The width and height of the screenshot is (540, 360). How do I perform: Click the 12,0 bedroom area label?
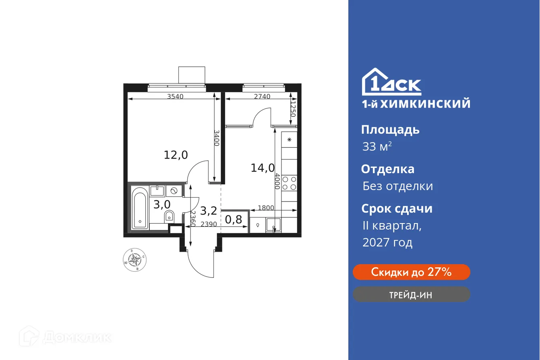click(x=176, y=155)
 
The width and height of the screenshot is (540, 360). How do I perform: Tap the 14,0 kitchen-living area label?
click(x=263, y=168)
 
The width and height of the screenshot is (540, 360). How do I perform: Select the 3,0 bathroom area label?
click(x=161, y=204)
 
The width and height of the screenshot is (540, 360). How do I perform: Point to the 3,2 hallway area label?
click(x=209, y=210)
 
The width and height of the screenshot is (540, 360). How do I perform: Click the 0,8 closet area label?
click(x=234, y=219)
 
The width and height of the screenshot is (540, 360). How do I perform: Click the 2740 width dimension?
click(x=262, y=97)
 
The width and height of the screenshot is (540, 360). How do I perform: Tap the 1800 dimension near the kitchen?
click(x=266, y=208)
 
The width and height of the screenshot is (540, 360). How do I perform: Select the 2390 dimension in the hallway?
click(x=209, y=224)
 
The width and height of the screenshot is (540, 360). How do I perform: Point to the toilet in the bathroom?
click(x=169, y=217)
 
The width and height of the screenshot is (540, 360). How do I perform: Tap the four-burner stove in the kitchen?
click(x=289, y=183)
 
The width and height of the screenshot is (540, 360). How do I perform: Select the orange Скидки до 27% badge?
click(x=411, y=272)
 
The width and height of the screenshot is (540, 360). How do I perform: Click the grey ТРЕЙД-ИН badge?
click(x=411, y=295)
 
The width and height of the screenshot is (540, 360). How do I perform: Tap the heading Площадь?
click(x=390, y=130)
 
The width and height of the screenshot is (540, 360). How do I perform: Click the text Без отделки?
click(x=397, y=186)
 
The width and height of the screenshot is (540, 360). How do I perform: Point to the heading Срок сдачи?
click(x=397, y=209)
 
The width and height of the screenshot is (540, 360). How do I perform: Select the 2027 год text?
click(x=387, y=242)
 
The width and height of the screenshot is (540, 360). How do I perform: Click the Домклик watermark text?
click(x=77, y=337)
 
